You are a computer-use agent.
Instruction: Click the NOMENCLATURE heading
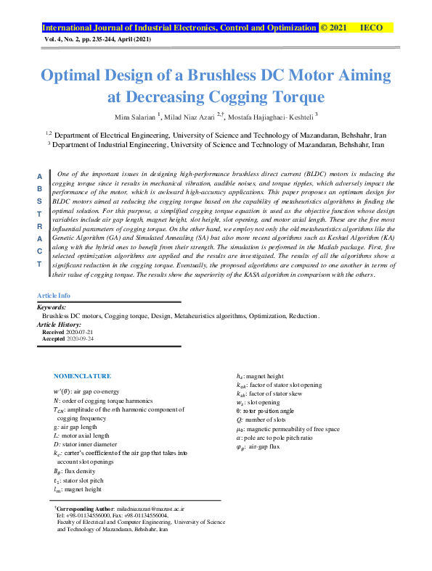tap(82, 376)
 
